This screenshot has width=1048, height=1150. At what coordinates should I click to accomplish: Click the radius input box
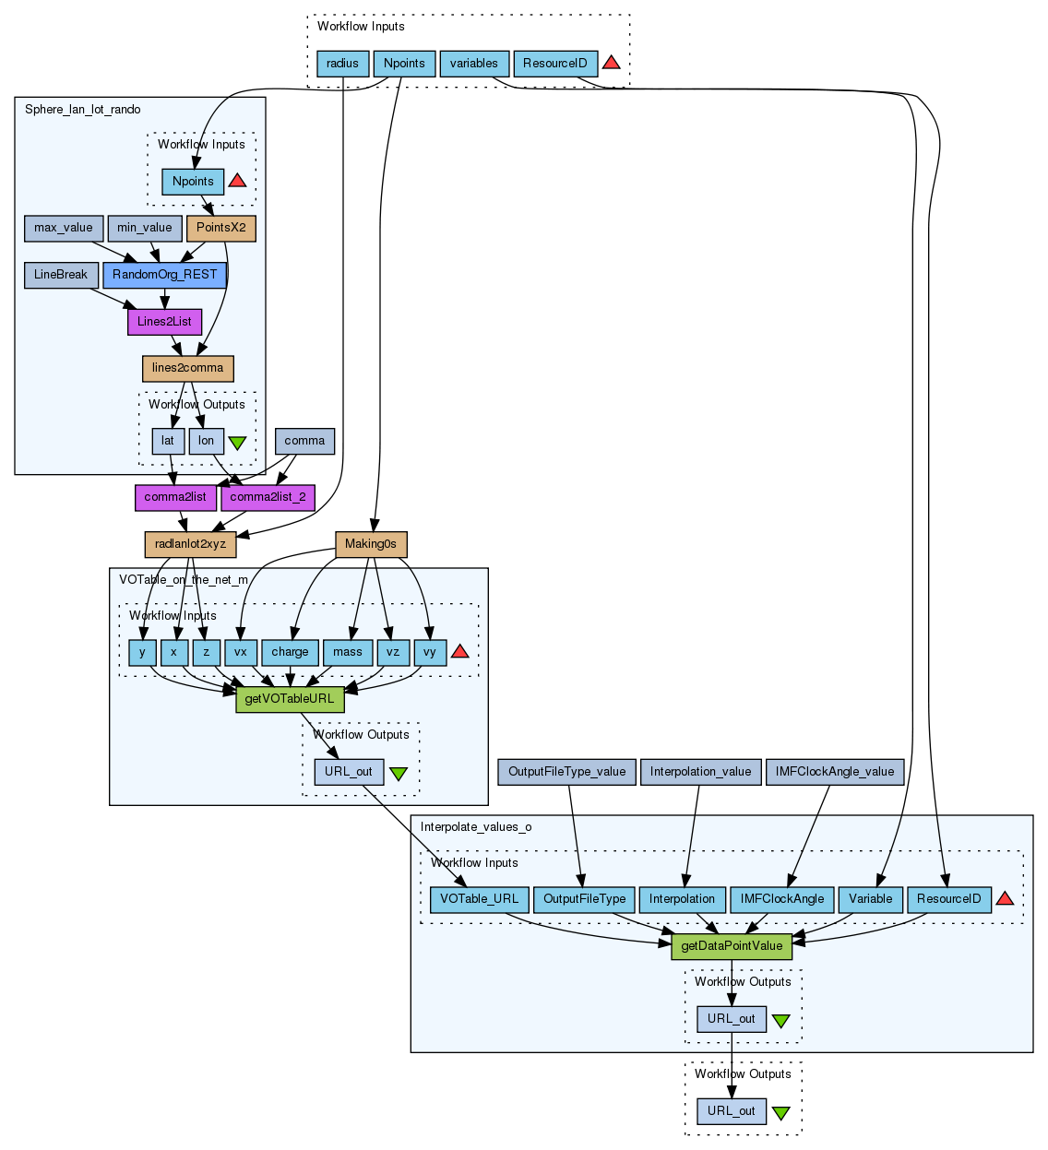[x=342, y=64]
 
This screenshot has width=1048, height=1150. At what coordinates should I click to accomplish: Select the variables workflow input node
[x=474, y=64]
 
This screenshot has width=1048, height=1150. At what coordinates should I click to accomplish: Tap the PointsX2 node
[x=220, y=228]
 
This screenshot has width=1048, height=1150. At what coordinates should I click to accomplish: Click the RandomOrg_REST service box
[x=165, y=275]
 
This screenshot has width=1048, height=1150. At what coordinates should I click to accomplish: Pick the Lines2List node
[x=164, y=322]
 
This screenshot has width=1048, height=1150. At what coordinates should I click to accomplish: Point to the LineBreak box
[x=61, y=275]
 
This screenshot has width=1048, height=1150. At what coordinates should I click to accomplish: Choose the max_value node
[x=64, y=228]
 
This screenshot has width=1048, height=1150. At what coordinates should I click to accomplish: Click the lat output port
[x=168, y=441]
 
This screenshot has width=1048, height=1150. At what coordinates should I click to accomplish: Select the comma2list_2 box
[x=268, y=497]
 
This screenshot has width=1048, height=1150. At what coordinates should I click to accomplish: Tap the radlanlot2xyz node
[x=190, y=544]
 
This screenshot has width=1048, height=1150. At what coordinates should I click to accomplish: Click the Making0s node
[x=371, y=544]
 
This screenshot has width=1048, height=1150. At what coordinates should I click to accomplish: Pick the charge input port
[x=290, y=652]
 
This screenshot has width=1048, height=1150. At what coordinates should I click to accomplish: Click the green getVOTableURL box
[x=290, y=699]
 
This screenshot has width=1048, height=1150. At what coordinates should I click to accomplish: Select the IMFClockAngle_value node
[x=835, y=772]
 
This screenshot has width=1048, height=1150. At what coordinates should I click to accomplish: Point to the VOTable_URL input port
[x=479, y=899]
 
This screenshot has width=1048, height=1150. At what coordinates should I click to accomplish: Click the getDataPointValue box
[x=732, y=946]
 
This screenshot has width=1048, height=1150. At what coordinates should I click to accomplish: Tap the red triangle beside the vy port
[x=459, y=651]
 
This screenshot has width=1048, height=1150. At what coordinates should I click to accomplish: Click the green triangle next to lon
[x=237, y=442]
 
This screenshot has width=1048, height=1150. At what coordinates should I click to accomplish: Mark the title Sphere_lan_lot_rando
[x=83, y=110]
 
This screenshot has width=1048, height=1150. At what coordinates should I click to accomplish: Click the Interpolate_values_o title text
[x=476, y=827]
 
